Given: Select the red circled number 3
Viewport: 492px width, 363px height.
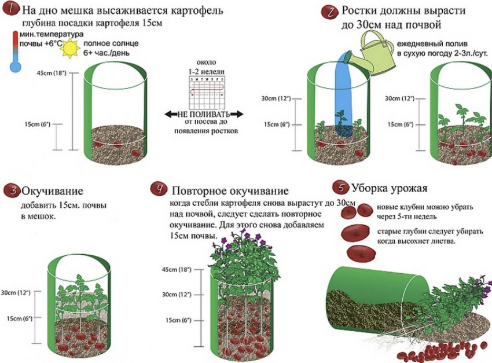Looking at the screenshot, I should click(x=10, y=190).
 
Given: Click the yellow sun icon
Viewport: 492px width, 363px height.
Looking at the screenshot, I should click(x=72, y=48).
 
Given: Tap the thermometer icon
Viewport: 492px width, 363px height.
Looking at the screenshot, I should click(x=15, y=52).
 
